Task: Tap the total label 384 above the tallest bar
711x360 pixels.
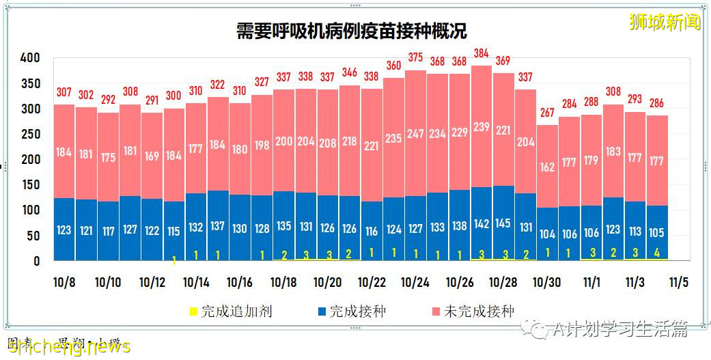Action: (x=482, y=53)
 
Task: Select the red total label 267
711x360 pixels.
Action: (x=547, y=113)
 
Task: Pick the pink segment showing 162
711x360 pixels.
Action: (x=547, y=166)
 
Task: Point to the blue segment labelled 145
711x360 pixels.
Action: (x=503, y=223)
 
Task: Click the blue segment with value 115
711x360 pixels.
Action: (x=173, y=231)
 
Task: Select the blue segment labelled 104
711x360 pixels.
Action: (x=547, y=234)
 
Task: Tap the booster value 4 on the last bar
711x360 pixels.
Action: (x=657, y=252)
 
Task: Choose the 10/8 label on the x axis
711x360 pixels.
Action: (x=64, y=282)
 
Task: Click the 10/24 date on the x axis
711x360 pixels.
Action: (x=415, y=282)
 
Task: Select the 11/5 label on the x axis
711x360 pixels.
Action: (x=678, y=282)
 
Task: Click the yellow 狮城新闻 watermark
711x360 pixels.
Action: (x=665, y=22)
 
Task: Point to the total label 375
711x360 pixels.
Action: (x=415, y=58)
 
